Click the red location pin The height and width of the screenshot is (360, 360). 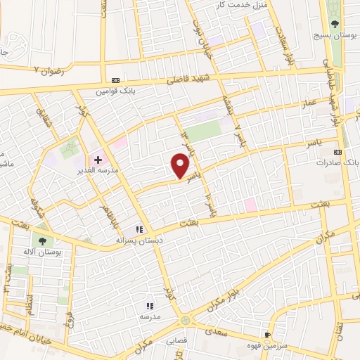coord(180,166)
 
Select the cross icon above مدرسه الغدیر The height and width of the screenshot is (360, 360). coord(98,159)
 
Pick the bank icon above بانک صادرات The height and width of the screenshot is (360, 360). coord(338,151)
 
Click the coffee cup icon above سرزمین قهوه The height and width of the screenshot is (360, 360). coord(266,335)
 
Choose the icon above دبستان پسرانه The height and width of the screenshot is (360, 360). coord(139,229)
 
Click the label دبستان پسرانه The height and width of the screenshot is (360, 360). coord(138,240)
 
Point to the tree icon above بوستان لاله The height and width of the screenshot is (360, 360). coord(44,240)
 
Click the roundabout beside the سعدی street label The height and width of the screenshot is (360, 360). coord(185,321)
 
